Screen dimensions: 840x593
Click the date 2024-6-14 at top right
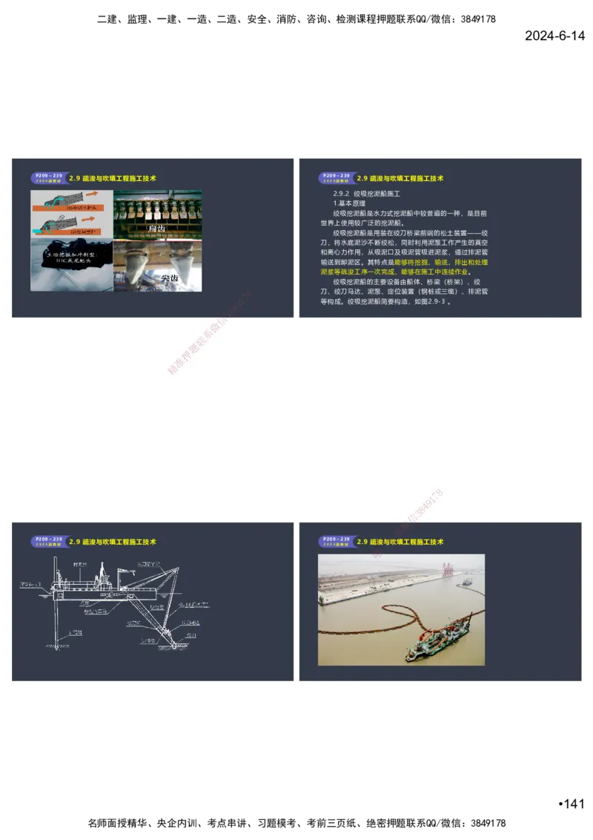pos(554,36)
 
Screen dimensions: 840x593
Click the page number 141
pos(572,804)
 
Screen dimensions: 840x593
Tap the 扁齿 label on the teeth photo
pos(157,229)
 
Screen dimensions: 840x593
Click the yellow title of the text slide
pos(400,179)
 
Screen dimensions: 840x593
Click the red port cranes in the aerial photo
pos(447,570)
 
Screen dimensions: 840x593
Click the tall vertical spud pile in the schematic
pos(51,608)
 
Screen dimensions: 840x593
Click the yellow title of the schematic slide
pos(112,542)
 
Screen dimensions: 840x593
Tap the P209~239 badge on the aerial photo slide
pos(335,542)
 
